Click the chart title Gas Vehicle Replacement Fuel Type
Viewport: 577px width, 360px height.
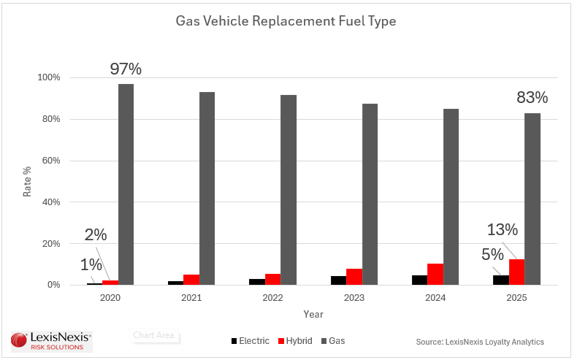tap(286, 21)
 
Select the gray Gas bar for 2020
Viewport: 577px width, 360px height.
tap(126, 184)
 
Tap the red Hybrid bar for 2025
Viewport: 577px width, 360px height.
tap(517, 272)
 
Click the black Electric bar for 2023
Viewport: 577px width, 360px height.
tap(338, 280)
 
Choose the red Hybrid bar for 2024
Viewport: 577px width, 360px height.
tap(435, 274)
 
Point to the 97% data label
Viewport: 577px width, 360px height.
tap(126, 69)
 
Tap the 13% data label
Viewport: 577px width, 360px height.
tap(503, 230)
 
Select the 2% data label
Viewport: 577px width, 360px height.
tap(96, 235)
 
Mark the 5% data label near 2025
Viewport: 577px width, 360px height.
tap(492, 255)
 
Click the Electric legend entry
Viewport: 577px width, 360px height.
tap(250, 341)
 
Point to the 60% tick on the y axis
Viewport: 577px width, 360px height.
tap(50, 161)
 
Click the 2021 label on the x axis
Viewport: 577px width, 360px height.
tap(191, 298)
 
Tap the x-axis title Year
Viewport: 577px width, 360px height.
tap(313, 314)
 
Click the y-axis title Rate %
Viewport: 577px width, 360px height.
tap(27, 180)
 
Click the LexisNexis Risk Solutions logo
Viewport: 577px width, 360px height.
tap(51, 340)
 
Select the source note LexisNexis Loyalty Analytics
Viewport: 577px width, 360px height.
tap(480, 342)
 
